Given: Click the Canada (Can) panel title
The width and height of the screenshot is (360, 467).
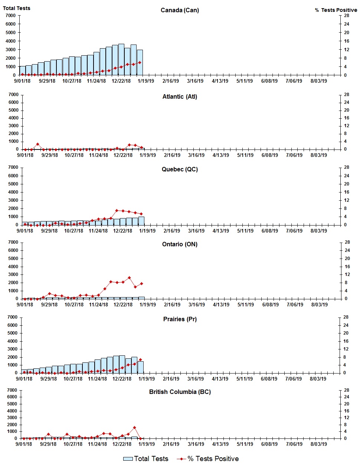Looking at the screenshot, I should click(x=180, y=10).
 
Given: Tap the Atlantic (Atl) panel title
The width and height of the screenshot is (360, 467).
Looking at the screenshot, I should click(x=180, y=96).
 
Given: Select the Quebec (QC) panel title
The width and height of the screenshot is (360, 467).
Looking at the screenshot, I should click(x=180, y=169).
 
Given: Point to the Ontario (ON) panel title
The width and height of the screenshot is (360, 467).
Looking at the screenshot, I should click(x=180, y=244).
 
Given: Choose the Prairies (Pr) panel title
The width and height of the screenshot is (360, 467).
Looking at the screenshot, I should click(x=180, y=319).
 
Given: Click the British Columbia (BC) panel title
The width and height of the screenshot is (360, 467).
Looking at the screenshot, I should click(x=180, y=392).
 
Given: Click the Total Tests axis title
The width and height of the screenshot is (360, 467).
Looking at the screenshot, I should click(x=17, y=8).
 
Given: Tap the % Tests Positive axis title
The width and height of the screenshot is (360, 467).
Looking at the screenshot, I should click(x=336, y=10).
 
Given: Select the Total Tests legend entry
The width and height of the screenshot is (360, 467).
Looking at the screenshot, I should click(x=145, y=459).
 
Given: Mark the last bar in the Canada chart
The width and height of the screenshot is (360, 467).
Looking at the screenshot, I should click(x=140, y=62).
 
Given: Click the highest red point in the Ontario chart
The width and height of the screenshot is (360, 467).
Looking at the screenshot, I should click(x=129, y=277).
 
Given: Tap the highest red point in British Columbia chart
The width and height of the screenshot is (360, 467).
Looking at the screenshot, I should click(x=134, y=428).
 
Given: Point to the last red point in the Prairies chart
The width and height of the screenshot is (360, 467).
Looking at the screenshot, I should click(x=140, y=360).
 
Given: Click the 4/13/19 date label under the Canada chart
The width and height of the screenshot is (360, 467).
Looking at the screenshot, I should click(x=220, y=81).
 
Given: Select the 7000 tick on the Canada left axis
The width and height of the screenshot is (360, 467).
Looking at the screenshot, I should click(x=10, y=16).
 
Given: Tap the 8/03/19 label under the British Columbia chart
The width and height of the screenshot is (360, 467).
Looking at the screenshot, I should click(x=318, y=444).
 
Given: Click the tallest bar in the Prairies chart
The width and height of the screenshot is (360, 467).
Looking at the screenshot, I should click(x=122, y=364).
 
